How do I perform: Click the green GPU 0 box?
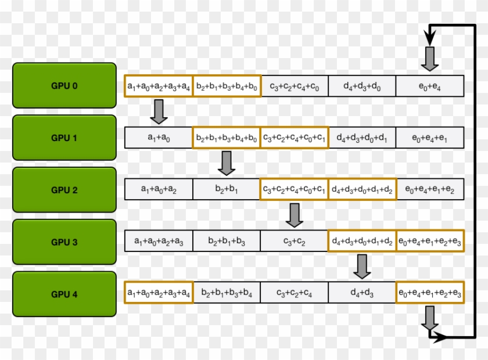64,85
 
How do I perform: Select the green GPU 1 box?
64,138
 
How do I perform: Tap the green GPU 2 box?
64,190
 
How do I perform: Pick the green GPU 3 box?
64,242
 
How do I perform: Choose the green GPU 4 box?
64,294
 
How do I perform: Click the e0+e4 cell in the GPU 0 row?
430,87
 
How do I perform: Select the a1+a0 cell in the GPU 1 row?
158,138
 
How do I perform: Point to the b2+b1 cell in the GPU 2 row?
226,190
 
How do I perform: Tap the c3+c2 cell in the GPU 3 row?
294,242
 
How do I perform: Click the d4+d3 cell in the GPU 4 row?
362,293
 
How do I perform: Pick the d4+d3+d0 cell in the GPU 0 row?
362,87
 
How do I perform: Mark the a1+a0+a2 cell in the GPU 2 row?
158,190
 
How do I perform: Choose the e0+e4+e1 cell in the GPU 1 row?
430,138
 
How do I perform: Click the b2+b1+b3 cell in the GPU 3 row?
226,242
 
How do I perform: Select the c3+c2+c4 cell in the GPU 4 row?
294,293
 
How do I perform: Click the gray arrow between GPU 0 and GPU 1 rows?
159,111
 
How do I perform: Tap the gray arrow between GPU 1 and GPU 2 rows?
227,163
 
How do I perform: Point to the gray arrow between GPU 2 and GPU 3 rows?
295,215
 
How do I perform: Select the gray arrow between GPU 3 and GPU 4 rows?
363,267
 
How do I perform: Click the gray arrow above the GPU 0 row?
430,59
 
